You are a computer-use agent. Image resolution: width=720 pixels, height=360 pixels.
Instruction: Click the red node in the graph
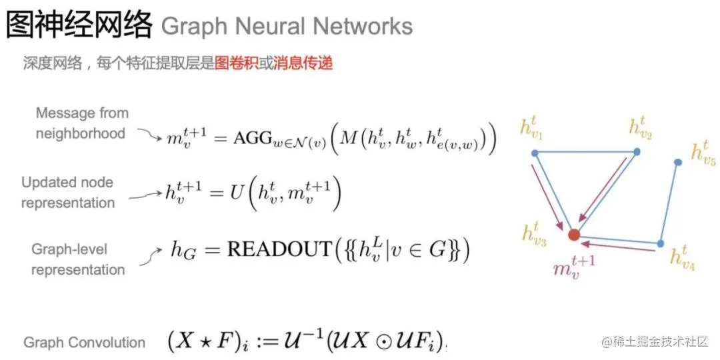point(573,234)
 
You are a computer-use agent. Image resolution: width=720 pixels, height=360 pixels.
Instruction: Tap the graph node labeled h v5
point(677,162)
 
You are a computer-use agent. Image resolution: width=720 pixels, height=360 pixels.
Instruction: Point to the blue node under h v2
point(637,152)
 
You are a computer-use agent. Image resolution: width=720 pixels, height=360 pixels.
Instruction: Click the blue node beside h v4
point(660,244)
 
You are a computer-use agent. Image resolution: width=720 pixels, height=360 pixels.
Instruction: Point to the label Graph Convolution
point(84,343)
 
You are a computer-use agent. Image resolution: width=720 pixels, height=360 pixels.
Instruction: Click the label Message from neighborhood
point(81,123)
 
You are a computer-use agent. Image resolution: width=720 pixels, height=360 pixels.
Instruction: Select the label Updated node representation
point(67,193)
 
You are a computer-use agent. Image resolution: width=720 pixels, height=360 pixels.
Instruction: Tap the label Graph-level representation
point(78,259)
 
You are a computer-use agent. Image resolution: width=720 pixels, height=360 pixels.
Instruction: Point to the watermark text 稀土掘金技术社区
point(660,342)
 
